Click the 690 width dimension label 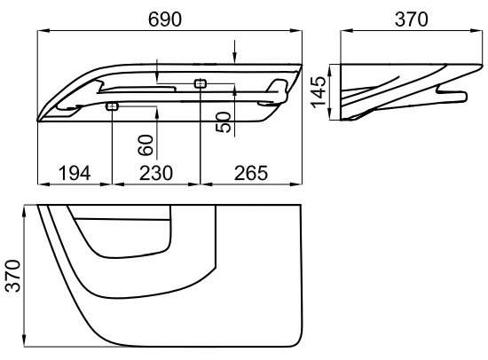click(164, 20)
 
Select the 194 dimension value click(75, 173)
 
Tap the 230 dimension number click(155, 173)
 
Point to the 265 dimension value click(251, 173)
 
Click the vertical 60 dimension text click(146, 145)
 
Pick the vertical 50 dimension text click(224, 122)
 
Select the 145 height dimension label click(319, 92)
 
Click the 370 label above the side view click(412, 20)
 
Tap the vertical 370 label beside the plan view click(12, 276)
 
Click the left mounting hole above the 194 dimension click(112, 106)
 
